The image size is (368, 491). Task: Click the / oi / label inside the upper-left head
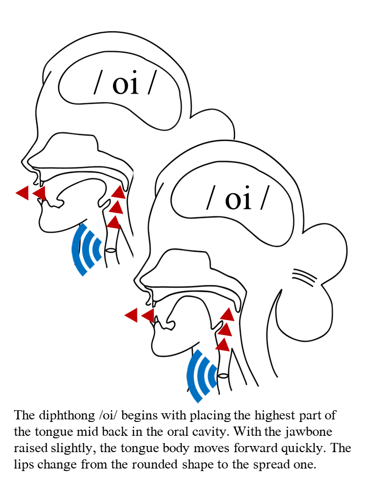click(x=125, y=83)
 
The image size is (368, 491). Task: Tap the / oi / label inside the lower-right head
click(x=238, y=198)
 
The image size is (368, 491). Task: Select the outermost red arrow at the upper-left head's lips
click(x=22, y=193)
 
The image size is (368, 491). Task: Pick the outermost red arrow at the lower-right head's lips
click(x=131, y=315)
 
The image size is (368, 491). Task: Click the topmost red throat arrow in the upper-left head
click(x=119, y=192)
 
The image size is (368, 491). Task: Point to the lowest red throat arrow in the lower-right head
click(x=222, y=345)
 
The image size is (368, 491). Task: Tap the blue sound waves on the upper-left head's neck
click(x=86, y=250)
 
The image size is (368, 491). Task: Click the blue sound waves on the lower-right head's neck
click(x=201, y=376)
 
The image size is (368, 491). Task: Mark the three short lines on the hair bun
click(x=304, y=277)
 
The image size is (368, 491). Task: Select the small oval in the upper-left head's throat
click(x=110, y=250)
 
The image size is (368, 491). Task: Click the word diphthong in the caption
click(x=66, y=416)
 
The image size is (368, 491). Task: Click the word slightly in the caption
click(x=72, y=449)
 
